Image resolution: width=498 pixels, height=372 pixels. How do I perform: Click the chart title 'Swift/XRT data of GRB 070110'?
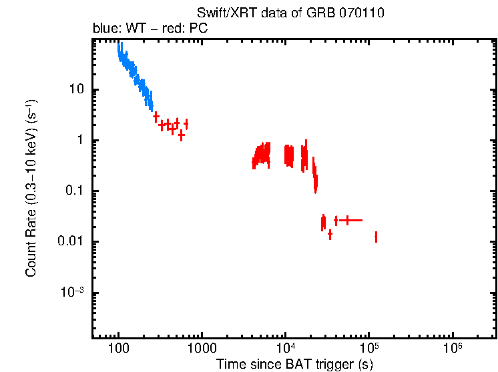290,13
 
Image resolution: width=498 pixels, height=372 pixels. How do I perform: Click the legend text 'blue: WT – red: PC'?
150,29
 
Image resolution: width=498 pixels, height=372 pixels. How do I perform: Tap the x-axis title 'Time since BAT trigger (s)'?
294,364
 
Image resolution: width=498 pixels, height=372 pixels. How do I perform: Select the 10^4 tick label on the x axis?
285,348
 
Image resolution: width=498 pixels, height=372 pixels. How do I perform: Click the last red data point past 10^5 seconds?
377,237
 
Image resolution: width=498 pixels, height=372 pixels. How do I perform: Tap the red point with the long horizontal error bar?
347,219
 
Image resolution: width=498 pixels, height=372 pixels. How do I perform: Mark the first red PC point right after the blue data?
156,117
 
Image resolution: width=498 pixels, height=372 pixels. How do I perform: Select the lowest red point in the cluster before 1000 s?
181,135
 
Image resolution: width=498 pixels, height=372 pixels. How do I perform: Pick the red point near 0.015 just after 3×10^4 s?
330,234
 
